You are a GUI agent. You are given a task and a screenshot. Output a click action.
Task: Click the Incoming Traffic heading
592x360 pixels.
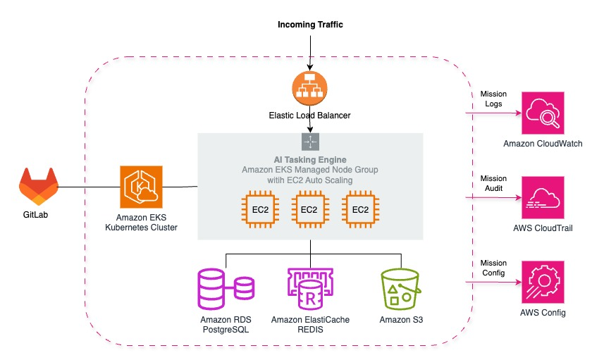[x=310, y=25]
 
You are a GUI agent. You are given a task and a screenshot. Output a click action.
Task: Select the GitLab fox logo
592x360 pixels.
[x=38, y=187]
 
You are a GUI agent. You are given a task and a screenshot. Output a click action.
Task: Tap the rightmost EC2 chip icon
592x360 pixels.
[x=360, y=210]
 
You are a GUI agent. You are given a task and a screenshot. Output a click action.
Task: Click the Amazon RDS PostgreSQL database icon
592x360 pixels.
[x=224, y=287]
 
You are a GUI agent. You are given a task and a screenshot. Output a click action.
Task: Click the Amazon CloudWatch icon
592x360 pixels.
[x=543, y=113]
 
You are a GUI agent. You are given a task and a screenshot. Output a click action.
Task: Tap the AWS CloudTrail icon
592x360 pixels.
[x=543, y=198]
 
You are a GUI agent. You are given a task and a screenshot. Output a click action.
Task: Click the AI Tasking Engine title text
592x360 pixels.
[x=310, y=160]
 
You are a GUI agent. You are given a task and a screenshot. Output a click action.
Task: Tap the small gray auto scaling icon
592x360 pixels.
[x=310, y=142]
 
